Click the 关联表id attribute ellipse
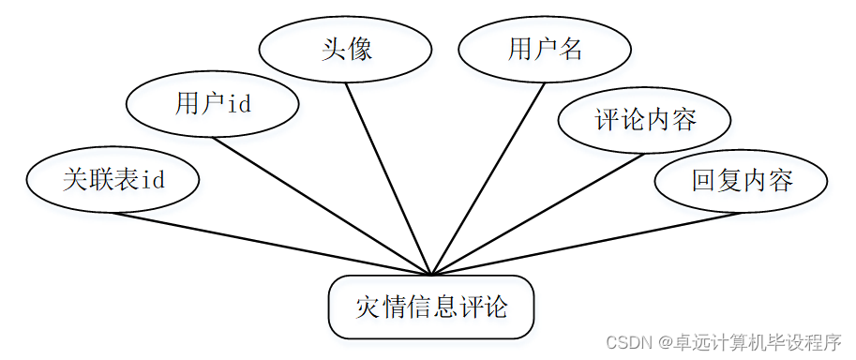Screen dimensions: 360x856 [113, 180]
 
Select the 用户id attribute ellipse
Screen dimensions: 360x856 [212, 105]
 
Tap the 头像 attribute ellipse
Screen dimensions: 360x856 [345, 49]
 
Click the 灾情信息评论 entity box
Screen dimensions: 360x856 [431, 307]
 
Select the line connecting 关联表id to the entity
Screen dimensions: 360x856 [272, 244]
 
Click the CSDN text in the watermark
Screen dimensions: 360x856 [627, 342]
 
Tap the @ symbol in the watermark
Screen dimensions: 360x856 [663, 342]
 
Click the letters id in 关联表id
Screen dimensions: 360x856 [153, 180]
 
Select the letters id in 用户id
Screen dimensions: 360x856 [240, 104]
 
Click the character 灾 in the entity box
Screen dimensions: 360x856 [368, 307]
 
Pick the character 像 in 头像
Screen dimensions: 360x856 [360, 49]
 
